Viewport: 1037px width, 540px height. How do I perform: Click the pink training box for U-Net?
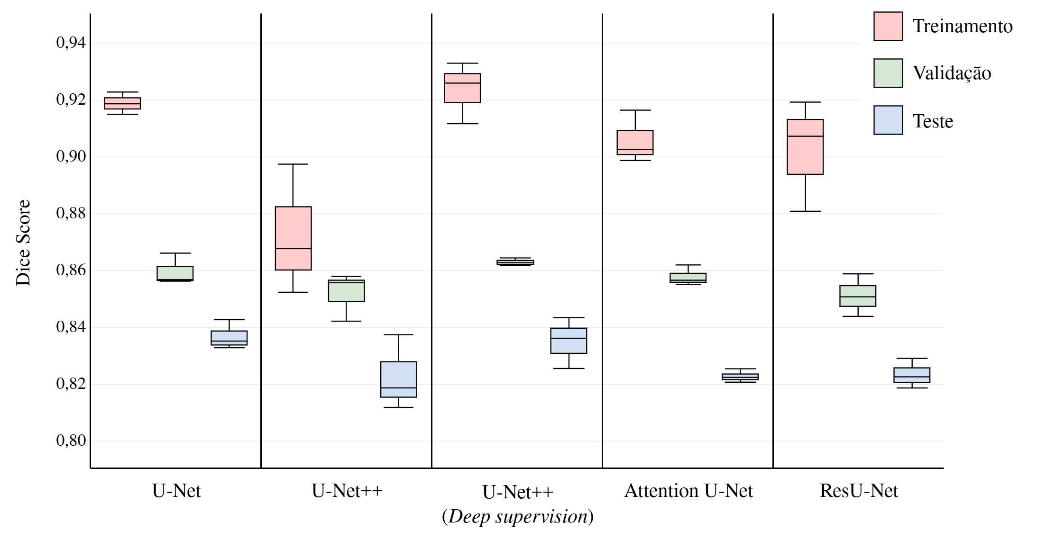click(x=122, y=103)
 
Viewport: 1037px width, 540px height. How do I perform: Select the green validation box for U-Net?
click(x=175, y=273)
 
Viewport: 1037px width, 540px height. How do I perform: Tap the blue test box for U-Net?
click(x=229, y=338)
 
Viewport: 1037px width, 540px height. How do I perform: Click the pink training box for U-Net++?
click(x=294, y=238)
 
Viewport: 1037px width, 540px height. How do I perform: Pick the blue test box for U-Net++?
click(x=399, y=379)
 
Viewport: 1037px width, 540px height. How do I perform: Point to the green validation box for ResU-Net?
click(x=858, y=296)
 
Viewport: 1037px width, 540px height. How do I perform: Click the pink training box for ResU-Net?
click(x=805, y=147)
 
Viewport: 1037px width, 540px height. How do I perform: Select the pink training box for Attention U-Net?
click(x=635, y=142)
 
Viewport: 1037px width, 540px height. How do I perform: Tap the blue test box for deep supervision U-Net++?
click(x=569, y=341)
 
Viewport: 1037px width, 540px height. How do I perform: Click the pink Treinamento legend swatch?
click(x=888, y=27)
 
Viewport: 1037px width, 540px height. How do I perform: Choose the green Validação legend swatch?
click(x=888, y=73)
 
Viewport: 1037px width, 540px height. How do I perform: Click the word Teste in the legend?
click(x=933, y=121)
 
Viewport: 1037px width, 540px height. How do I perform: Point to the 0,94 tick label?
click(x=71, y=43)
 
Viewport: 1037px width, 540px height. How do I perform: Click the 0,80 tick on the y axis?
click(x=71, y=441)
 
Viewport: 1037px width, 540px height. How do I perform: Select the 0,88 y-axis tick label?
click(x=71, y=214)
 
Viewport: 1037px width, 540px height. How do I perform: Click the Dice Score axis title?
click(x=23, y=242)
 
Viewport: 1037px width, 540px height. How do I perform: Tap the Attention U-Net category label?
click(x=688, y=491)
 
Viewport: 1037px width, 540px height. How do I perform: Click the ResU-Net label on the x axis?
click(x=859, y=491)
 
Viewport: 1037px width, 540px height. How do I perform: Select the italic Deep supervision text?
click(x=518, y=517)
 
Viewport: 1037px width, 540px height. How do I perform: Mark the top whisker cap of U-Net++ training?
click(x=293, y=164)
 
